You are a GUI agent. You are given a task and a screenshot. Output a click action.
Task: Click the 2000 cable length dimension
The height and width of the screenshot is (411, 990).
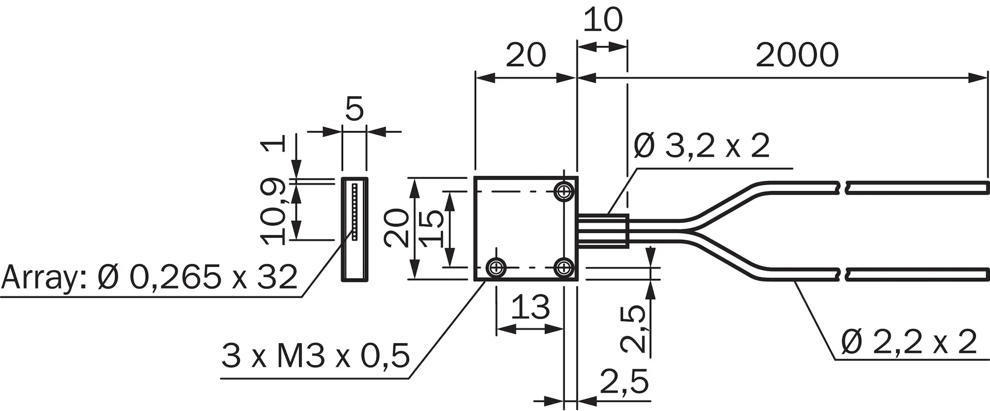[x=797, y=55]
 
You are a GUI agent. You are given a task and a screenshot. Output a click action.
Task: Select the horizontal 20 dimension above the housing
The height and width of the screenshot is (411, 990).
[x=525, y=55]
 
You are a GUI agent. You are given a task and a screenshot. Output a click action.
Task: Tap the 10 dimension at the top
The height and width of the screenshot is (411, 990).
[x=603, y=20]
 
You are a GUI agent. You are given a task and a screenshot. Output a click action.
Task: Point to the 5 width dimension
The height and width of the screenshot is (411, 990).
[x=354, y=109]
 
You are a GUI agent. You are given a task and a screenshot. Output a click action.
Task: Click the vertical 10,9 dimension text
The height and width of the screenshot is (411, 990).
[x=274, y=211]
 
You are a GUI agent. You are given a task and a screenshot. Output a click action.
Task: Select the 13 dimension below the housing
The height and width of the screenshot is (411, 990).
[x=531, y=307]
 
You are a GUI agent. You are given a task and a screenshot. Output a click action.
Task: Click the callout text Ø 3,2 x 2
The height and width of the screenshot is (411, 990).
[x=701, y=146]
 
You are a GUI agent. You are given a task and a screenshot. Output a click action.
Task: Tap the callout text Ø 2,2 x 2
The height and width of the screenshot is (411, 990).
[x=909, y=341]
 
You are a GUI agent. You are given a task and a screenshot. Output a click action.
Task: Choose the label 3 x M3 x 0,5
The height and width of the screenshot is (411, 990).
[x=316, y=355]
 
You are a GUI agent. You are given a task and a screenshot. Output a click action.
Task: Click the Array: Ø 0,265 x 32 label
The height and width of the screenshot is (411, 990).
[x=150, y=277]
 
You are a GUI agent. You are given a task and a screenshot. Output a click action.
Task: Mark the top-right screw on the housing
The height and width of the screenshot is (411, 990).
[x=565, y=192]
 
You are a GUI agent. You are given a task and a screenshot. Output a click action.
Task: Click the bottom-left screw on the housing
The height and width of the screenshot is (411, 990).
[x=497, y=267]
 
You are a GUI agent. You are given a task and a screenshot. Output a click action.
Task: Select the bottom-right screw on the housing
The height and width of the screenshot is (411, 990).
[x=565, y=267]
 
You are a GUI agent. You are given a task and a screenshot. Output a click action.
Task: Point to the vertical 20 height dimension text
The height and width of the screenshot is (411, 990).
[x=397, y=229]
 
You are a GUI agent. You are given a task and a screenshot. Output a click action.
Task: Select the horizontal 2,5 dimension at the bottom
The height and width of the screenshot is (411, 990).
[x=624, y=382]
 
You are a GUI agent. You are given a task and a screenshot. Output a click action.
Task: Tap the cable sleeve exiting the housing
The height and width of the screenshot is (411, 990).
[x=603, y=231]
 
